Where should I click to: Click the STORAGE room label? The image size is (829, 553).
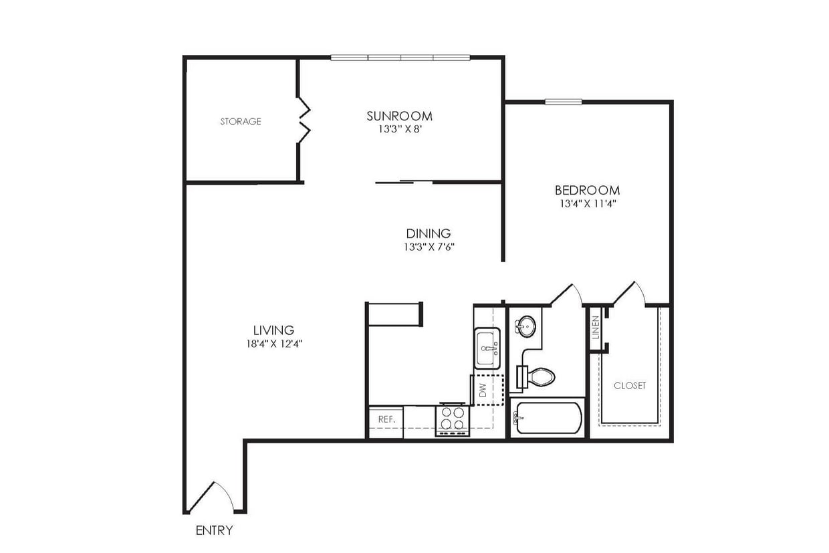pos(241,122)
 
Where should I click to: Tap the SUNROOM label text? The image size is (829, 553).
pos(399,116)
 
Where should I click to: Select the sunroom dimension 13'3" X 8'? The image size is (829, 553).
pos(399,129)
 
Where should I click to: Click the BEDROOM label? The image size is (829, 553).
pos(586,190)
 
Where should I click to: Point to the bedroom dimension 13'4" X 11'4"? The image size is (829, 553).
pos(586,204)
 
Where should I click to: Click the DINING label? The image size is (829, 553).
pos(429,233)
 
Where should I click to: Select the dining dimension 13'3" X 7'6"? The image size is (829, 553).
pos(429,247)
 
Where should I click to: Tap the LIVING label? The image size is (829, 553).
pos(273,330)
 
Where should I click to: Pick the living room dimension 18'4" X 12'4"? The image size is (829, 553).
pos(273,344)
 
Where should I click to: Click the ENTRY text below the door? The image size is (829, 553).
pos(215,531)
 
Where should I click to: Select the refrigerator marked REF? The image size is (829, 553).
pos(386,420)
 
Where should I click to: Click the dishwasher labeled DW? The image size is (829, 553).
pos(487,391)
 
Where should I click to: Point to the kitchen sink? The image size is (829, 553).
pos(488,348)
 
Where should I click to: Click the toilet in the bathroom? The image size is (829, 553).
pos(539,377)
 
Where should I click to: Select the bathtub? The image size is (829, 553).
pos(548,418)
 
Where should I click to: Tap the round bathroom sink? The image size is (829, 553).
pos(525,327)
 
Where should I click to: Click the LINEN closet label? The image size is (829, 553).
pos(596,328)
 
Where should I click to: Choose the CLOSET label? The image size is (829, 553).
pos(630,386)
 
